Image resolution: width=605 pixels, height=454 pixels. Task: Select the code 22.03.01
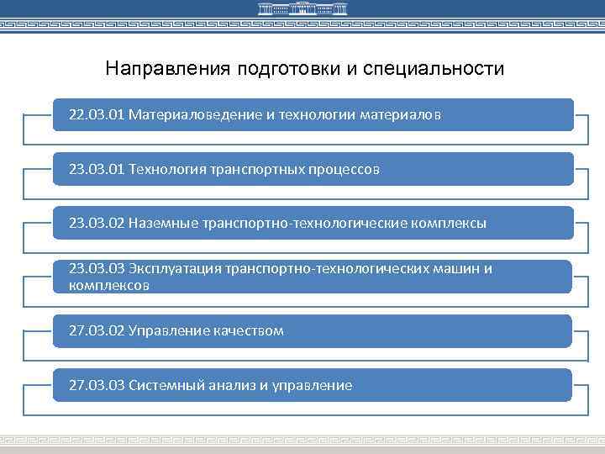coord(97,115)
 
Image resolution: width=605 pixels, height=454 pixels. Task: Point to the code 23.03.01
coord(97,169)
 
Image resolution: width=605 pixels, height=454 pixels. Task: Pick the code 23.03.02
coord(97,223)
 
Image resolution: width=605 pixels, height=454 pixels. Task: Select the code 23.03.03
coord(97,268)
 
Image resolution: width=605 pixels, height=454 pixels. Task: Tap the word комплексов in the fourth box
coord(109,286)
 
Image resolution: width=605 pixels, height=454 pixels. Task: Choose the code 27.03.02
coord(97,330)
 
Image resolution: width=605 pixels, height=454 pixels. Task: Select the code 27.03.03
coord(97,385)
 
